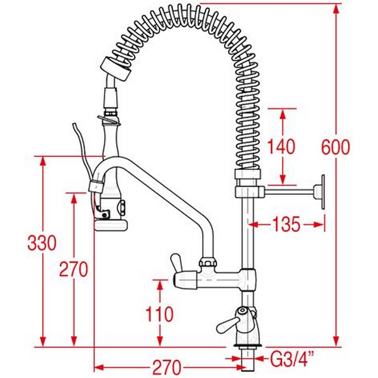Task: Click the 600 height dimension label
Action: (x=336, y=147)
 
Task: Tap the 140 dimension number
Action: (x=281, y=146)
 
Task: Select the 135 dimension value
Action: (x=286, y=224)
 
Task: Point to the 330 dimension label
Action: (x=42, y=243)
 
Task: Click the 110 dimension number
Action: (x=159, y=314)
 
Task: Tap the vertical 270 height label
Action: (x=73, y=269)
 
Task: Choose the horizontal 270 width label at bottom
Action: (x=166, y=367)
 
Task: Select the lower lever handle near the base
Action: (x=228, y=325)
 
